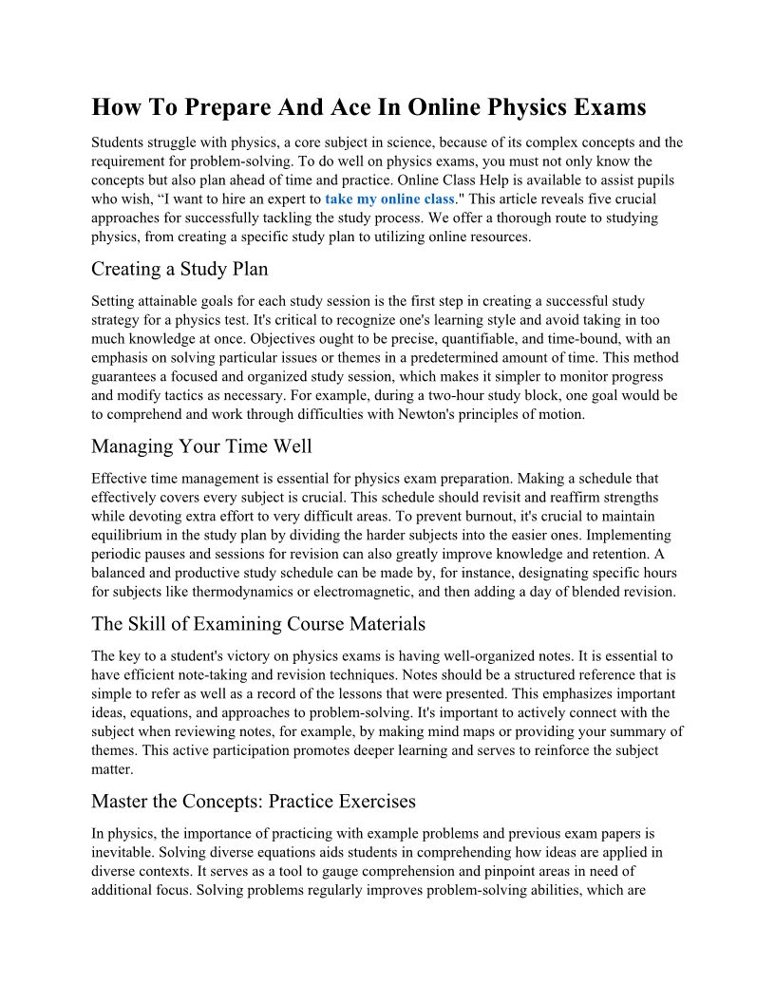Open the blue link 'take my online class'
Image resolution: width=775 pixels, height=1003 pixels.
(x=389, y=199)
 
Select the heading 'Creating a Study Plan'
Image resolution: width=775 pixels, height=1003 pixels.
(x=180, y=269)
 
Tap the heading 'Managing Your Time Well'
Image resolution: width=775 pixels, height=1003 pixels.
(x=201, y=446)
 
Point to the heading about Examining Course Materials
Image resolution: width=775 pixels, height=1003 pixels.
(x=258, y=624)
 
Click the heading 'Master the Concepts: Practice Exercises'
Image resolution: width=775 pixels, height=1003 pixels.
(x=254, y=802)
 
